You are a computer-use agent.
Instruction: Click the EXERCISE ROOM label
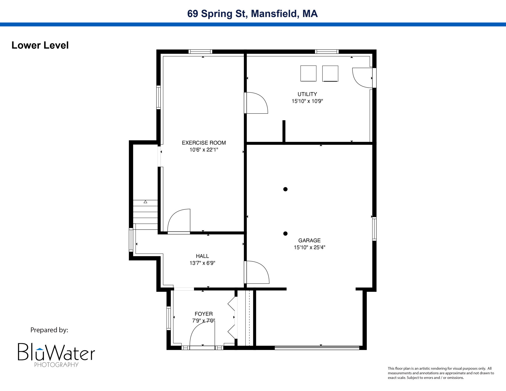click(204, 143)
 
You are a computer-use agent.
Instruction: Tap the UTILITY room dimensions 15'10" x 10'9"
click(307, 101)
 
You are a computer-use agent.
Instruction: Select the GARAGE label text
click(309, 240)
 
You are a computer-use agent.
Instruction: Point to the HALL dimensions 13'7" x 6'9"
click(202, 263)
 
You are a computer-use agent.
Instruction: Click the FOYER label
click(204, 314)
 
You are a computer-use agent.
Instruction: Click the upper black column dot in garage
click(285, 189)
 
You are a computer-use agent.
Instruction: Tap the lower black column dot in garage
click(285, 233)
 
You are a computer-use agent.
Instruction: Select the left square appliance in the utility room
click(308, 73)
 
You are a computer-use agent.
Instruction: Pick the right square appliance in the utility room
click(330, 73)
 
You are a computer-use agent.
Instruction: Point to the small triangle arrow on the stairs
click(145, 202)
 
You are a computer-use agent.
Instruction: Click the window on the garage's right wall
click(374, 229)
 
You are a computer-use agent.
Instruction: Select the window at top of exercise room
click(200, 52)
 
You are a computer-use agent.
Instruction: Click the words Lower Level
click(40, 45)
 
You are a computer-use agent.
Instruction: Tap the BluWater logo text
click(56, 352)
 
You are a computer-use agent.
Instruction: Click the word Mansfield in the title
click(275, 13)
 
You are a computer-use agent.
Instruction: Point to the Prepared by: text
click(49, 330)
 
